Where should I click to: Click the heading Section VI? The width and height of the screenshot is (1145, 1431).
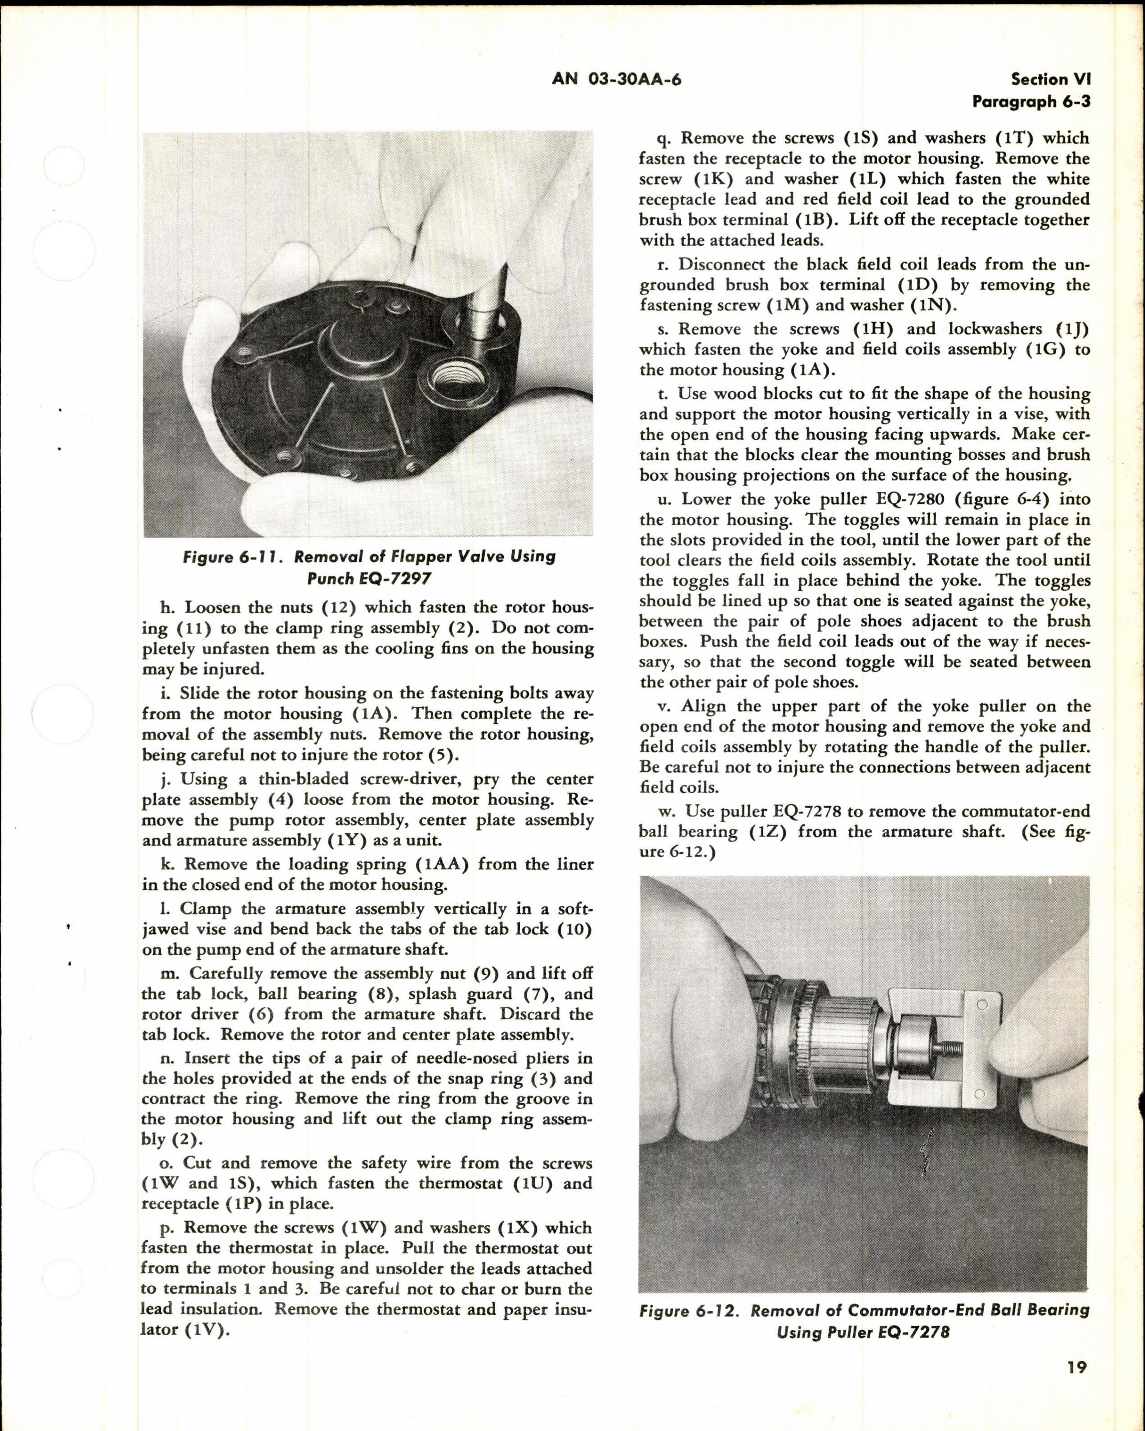pyautogui.click(x=1051, y=80)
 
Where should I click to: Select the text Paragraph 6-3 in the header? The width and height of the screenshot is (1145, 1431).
pyautogui.click(x=1031, y=102)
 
